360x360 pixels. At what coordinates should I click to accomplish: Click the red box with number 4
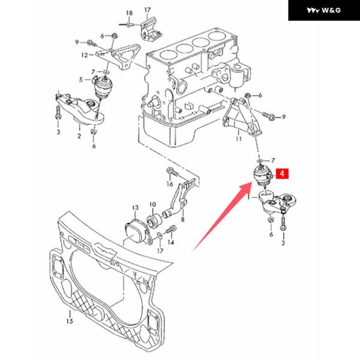click(x=282, y=173)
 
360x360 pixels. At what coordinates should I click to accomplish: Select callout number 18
click(x=129, y=13)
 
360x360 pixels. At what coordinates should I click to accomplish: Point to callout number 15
click(x=70, y=320)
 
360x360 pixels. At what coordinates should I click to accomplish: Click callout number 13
click(x=136, y=208)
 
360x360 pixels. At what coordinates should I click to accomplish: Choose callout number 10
click(x=152, y=204)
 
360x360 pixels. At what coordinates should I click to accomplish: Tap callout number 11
click(x=239, y=139)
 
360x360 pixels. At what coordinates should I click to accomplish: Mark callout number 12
click(x=85, y=55)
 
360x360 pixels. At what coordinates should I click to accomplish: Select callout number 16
click(x=170, y=184)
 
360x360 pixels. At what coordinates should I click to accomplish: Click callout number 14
click(x=171, y=242)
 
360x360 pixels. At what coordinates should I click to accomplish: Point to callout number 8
click(x=182, y=220)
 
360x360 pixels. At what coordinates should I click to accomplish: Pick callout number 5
click(x=81, y=80)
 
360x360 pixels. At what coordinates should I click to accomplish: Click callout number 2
click(x=79, y=136)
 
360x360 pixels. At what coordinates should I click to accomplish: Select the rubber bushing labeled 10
click(x=155, y=221)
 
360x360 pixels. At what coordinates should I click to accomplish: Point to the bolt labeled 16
click(x=173, y=172)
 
